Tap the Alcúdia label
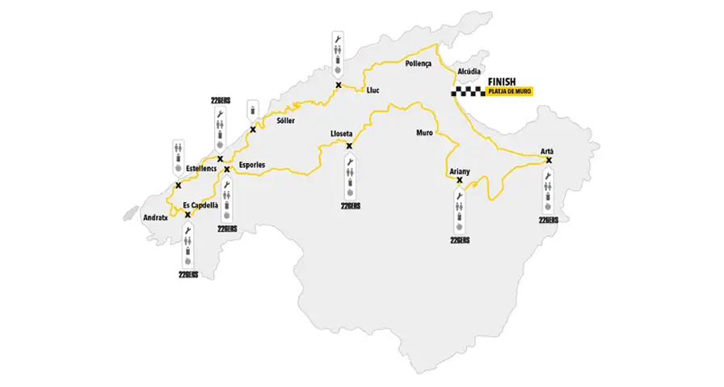469,72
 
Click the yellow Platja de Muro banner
509,93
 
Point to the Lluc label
373,90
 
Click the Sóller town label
285,120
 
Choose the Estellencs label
201,168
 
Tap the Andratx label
156,217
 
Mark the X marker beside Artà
549,160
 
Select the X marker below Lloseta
349,146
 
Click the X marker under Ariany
460,181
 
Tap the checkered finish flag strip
468,92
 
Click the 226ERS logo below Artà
549,220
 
